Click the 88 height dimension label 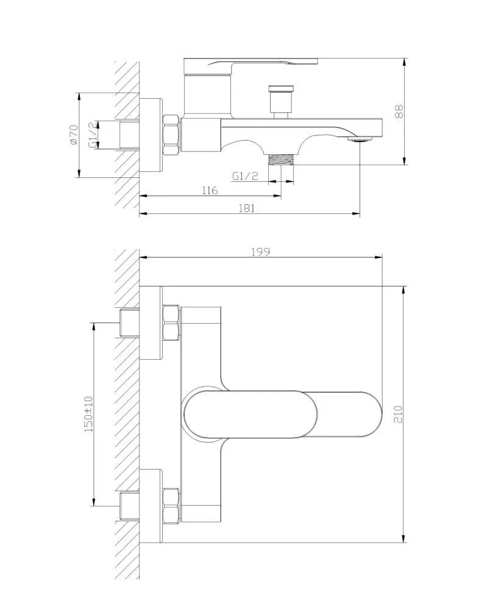pos(399,112)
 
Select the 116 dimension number pos(210,190)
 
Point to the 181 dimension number pos(247,208)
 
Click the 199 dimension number pos(260,252)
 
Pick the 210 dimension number pos(399,414)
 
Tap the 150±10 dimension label pos(88,415)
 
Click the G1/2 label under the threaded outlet pos(245,176)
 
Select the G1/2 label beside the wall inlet pos(93,135)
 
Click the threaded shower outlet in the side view pos(281,159)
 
